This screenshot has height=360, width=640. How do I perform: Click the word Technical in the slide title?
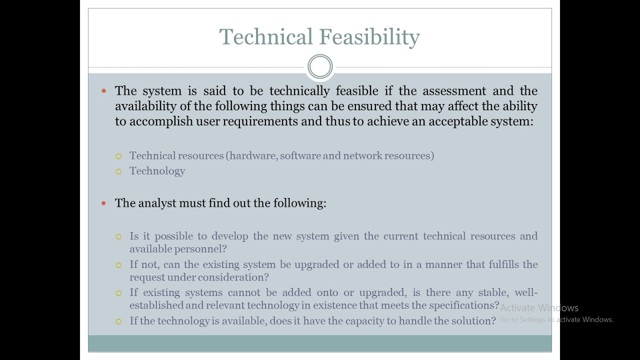(265, 37)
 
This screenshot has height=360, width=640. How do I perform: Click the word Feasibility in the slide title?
(369, 37)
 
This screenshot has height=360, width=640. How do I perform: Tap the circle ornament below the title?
(320, 66)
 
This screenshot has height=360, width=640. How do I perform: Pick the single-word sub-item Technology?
(157, 171)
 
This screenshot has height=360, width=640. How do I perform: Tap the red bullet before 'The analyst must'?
(103, 203)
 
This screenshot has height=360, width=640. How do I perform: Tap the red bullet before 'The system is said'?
(103, 91)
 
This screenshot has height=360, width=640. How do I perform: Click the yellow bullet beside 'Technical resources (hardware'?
(118, 156)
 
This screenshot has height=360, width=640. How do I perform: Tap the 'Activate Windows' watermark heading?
(539, 308)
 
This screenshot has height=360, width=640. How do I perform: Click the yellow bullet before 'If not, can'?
(118, 265)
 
